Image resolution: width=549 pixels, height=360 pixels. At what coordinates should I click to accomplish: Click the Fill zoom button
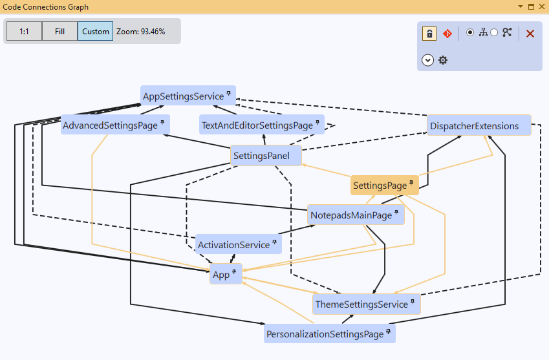pos(59,31)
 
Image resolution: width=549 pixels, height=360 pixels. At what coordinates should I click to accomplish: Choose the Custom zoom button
pos(96,31)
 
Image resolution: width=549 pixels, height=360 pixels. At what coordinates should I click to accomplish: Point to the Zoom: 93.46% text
pos(141,31)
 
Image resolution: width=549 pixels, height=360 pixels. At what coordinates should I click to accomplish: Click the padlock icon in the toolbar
pos(429,34)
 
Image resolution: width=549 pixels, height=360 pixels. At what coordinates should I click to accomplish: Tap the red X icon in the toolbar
pos(530,34)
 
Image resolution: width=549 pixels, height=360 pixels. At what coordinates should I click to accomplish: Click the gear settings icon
pos(443,60)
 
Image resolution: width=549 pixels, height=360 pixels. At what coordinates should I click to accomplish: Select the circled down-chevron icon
pos(427,60)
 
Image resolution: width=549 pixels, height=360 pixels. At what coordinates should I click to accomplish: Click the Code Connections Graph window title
pos(45,7)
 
